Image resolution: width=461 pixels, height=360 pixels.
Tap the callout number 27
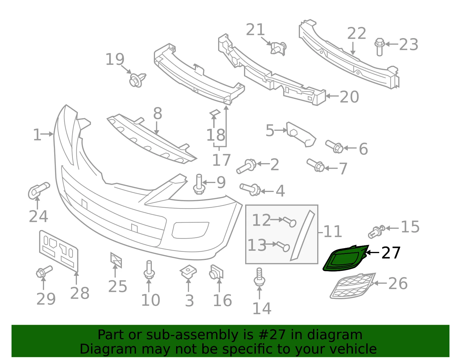point(391,253)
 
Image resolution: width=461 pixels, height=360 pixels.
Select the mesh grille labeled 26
point(352,286)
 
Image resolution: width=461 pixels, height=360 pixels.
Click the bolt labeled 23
point(379,47)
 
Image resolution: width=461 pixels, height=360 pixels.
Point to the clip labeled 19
point(137,80)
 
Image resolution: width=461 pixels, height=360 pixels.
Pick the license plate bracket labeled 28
point(59,250)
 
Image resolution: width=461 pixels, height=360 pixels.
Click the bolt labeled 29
point(44,272)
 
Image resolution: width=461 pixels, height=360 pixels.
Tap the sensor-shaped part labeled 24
point(38,191)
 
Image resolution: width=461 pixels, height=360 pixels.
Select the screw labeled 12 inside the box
point(290,222)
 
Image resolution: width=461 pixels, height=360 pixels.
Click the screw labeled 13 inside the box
point(283,246)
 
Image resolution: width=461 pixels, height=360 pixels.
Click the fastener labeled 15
point(377,231)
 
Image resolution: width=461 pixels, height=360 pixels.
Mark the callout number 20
point(349,97)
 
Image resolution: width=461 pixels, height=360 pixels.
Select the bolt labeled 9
point(199,184)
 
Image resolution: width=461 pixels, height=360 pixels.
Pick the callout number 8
point(158,113)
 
